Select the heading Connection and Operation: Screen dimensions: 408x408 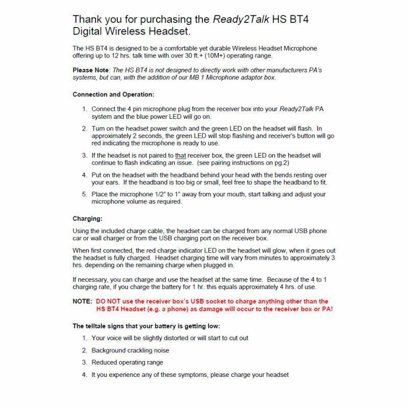point(113,95)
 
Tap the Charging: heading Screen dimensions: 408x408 point(88,219)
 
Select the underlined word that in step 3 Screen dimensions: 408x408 point(181,155)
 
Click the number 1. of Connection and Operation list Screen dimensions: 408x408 point(85,109)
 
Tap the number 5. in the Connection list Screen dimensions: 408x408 point(85,194)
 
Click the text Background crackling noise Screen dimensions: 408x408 point(130,350)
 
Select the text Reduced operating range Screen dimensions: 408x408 point(127,363)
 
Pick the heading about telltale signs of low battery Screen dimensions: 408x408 point(147,325)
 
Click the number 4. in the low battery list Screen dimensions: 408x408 point(85,375)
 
